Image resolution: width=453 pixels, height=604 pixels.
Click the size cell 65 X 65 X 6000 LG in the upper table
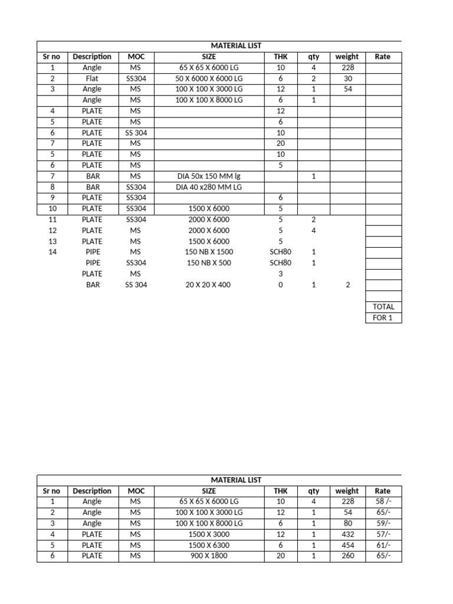(209, 68)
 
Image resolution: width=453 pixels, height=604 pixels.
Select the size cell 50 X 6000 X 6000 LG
(209, 78)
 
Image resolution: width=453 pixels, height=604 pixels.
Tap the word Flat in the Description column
(91, 78)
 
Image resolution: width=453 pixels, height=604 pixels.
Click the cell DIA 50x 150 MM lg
(209, 176)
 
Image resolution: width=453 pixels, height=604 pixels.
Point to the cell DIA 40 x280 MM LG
(209, 187)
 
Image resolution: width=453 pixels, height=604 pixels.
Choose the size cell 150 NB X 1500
(209, 252)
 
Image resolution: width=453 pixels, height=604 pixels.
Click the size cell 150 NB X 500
(209, 262)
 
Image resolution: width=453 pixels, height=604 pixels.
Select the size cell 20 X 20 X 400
(209, 285)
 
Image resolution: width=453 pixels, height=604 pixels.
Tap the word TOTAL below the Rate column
(383, 307)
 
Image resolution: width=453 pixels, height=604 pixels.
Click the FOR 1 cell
(383, 317)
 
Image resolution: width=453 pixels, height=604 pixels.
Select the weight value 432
(347, 534)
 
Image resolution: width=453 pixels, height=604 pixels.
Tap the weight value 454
(347, 545)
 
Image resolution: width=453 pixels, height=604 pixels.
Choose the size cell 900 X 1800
(209, 556)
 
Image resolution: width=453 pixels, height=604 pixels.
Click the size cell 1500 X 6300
(209, 545)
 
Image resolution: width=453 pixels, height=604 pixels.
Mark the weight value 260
(347, 556)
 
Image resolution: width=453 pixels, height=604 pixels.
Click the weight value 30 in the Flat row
(347, 78)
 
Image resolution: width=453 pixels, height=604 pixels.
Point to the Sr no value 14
(52, 252)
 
